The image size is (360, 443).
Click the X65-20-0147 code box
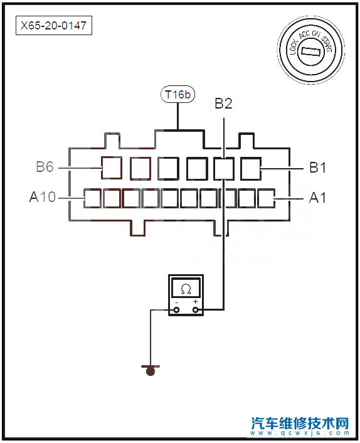54,26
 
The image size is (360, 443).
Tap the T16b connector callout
178,94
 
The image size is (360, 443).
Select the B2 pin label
223,104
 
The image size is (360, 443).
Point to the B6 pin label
45,167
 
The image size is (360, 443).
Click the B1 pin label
317,168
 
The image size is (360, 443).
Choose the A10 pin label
43,197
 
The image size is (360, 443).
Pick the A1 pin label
317,198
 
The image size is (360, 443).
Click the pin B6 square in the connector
112,168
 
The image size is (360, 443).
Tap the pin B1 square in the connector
251,169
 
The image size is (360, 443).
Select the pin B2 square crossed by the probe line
224,169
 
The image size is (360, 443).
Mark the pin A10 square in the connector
92,198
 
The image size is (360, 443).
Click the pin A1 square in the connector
267,198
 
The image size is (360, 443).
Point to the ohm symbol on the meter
186,289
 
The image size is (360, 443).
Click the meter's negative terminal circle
176,310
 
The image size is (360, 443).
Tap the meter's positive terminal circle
196,310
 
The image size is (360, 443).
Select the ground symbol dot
151,371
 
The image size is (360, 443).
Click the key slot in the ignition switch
310,51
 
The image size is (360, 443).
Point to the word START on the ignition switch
327,44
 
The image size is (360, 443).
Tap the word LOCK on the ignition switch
293,46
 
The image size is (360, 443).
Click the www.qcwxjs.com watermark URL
300,433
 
